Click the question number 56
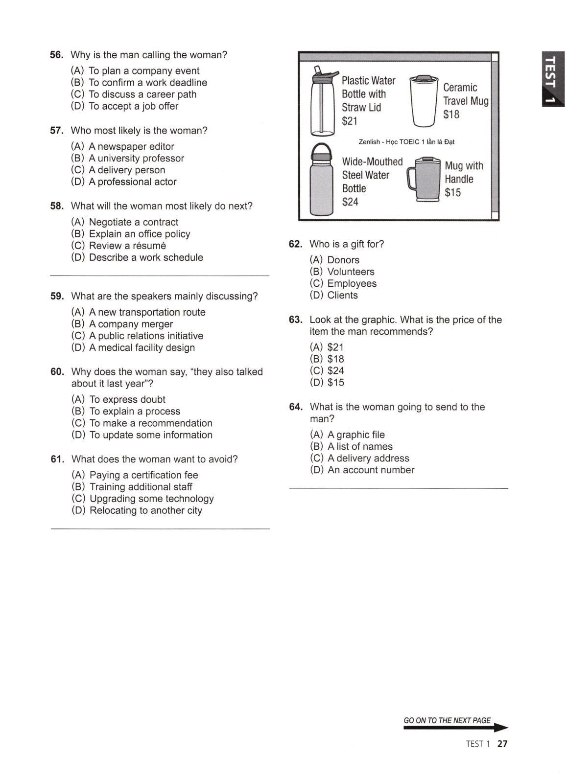click(x=57, y=55)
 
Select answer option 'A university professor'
click(x=136, y=159)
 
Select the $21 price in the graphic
click(x=350, y=121)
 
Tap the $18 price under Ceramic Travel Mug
click(x=451, y=115)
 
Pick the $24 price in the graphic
click(x=350, y=202)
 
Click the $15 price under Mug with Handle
click(x=452, y=193)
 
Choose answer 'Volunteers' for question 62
click(x=351, y=272)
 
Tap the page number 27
click(x=502, y=744)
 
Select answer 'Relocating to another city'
click(x=145, y=511)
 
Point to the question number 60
click(x=57, y=372)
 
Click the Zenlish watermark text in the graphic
click(x=406, y=142)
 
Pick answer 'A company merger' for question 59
click(x=131, y=324)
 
